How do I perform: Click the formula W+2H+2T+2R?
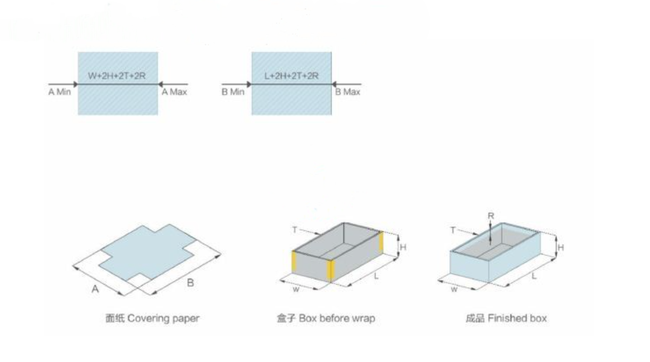click(x=117, y=76)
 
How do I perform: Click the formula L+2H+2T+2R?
click(x=291, y=76)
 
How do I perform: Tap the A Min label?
click(x=60, y=92)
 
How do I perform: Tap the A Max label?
click(x=174, y=92)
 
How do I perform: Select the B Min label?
click(x=233, y=92)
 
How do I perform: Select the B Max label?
click(x=348, y=92)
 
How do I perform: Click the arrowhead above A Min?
click(x=75, y=84)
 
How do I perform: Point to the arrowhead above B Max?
click(x=334, y=84)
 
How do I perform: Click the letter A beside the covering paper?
click(x=95, y=289)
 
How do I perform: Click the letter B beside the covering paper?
click(x=190, y=282)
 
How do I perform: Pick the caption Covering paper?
click(x=164, y=318)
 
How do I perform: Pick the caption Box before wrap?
click(x=337, y=318)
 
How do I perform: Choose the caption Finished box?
click(x=517, y=318)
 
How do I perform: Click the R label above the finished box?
click(x=491, y=216)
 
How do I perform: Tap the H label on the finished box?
click(x=561, y=248)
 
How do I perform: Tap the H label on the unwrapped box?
click(x=403, y=247)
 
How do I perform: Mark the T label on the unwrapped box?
click(x=295, y=230)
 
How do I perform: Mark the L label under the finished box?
click(x=534, y=276)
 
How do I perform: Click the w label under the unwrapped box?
click(x=296, y=289)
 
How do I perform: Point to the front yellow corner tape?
click(x=330, y=271)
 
